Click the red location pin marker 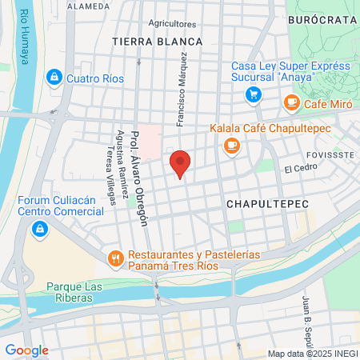(181, 162)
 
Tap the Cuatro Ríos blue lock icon (54, 78)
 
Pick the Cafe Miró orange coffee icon (291, 102)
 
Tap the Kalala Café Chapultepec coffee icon (231, 145)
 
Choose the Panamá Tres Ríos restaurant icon (116, 258)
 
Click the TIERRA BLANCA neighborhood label (148, 40)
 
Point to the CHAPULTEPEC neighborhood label (266, 205)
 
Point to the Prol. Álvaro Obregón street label (140, 178)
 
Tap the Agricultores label (172, 25)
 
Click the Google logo (26, 350)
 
